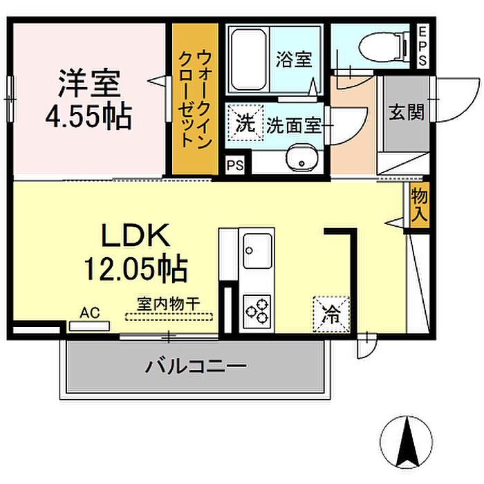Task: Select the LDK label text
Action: (136, 237)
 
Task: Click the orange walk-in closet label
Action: (194, 98)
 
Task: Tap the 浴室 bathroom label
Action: (293, 59)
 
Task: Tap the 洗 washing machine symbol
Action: (245, 125)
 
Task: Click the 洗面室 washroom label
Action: (295, 126)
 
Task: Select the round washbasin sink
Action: (301, 158)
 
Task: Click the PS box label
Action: (235, 166)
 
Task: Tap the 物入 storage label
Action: (419, 205)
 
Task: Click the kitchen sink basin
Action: (257, 250)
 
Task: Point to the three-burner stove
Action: (257, 309)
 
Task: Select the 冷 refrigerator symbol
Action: (331, 315)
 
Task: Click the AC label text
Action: (89, 313)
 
